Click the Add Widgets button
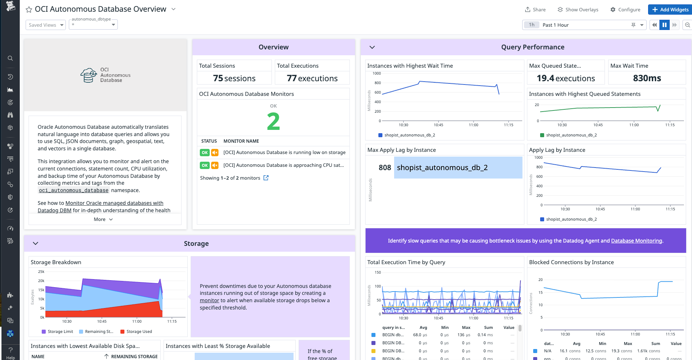670,10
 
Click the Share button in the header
535,10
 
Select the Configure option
625,10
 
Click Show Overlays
578,10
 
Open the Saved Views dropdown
46,25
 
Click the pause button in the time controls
665,25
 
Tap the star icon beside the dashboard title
29,10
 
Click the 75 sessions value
234,78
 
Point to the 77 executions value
312,78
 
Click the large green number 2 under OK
273,121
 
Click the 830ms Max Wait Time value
647,78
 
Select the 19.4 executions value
566,78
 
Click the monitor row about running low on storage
284,153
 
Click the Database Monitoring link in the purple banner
636,241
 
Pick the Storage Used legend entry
139,331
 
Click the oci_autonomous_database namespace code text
74,190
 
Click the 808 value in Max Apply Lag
385,168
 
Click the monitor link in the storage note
209,300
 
